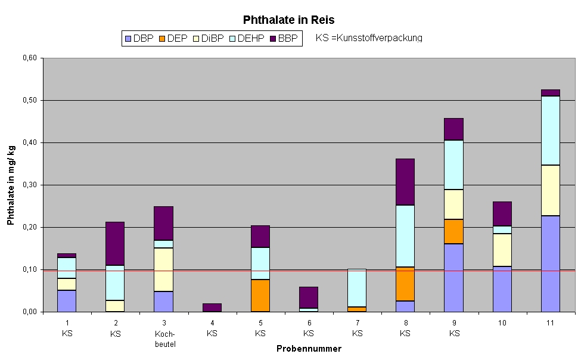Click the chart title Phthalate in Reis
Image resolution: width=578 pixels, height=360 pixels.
[289, 20]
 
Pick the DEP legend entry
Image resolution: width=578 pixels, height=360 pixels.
[172, 38]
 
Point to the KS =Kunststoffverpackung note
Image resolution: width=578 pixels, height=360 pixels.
[369, 38]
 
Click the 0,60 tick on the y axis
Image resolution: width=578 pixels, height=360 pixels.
[29, 58]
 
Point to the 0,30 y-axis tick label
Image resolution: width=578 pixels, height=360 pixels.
[29, 185]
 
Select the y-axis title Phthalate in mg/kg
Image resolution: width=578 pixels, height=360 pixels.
[11, 185]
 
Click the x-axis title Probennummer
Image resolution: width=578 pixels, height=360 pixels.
[309, 349]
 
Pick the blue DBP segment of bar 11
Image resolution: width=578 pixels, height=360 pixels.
[550, 263]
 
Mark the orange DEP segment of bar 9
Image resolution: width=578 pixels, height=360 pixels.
[453, 231]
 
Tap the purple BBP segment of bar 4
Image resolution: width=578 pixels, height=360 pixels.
[212, 308]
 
